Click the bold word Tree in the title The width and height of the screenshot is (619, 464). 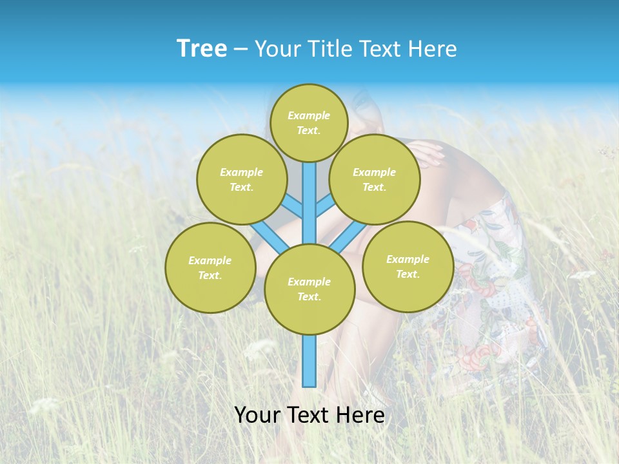pos(202,49)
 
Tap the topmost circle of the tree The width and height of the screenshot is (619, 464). pos(309,122)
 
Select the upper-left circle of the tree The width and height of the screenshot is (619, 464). pos(241,179)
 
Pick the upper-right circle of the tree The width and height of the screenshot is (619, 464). pos(374,179)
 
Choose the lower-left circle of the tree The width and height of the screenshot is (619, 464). pos(210,267)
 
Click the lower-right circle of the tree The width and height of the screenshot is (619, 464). pos(408,266)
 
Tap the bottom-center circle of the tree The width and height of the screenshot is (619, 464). pos(309,289)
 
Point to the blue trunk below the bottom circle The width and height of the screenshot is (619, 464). pos(309,361)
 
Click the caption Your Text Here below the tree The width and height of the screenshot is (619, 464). pos(309,415)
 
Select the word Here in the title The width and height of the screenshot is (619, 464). pos(435,49)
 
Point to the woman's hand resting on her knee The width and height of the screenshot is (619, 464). pos(426,154)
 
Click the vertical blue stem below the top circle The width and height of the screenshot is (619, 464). pos(309,193)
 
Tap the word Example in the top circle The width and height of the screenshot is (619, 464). pos(309,115)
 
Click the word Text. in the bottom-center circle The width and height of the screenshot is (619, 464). pos(309,296)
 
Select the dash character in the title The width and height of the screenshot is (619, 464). pos(241,50)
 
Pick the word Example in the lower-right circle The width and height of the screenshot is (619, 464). pos(408,259)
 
